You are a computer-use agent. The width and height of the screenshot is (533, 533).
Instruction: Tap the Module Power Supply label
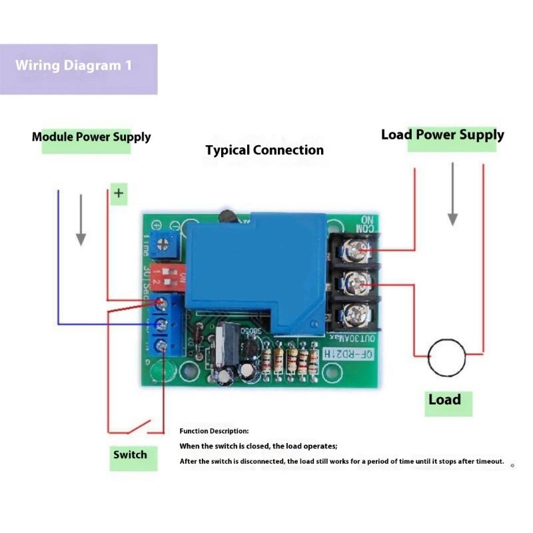(x=91, y=138)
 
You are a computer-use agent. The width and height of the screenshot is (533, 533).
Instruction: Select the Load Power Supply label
(x=442, y=135)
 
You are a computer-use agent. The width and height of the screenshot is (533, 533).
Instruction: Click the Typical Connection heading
(x=265, y=151)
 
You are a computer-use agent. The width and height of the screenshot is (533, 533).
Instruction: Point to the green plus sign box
(x=119, y=194)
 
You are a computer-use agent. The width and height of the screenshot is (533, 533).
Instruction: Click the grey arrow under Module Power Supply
(x=81, y=220)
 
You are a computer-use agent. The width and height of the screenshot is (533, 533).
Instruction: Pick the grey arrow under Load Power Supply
(x=453, y=194)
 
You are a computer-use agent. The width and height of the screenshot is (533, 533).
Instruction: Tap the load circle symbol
(x=446, y=357)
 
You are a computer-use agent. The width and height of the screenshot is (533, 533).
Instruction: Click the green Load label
(x=445, y=400)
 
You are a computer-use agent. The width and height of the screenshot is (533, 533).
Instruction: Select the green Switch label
(x=130, y=455)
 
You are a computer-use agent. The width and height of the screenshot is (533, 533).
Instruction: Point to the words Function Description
(x=214, y=431)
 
